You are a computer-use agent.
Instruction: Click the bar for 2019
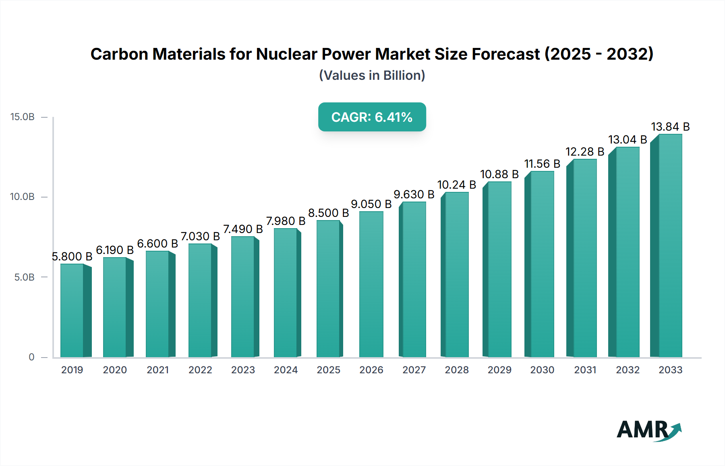pyautogui.click(x=72, y=310)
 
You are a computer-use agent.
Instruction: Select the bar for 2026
pyautogui.click(x=371, y=284)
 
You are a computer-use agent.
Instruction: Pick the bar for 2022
pyautogui.click(x=200, y=300)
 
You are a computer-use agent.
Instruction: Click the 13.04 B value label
pyautogui.click(x=628, y=139)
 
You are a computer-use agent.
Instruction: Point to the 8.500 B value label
pyautogui.click(x=328, y=213)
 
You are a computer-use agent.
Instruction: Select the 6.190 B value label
pyautogui.click(x=115, y=250)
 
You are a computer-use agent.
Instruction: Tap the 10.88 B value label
pyautogui.click(x=499, y=174)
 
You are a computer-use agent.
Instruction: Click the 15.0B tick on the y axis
pyautogui.click(x=23, y=117)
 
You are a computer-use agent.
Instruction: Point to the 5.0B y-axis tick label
pyautogui.click(x=25, y=277)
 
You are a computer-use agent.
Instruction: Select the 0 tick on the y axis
pyautogui.click(x=31, y=357)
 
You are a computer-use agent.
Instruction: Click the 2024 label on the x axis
pyautogui.click(x=286, y=370)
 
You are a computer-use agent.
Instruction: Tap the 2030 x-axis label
pyautogui.click(x=542, y=370)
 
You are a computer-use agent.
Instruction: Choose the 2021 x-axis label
pyautogui.click(x=157, y=370)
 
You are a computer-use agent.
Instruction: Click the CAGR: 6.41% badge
pyautogui.click(x=372, y=117)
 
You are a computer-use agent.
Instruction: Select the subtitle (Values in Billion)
pyautogui.click(x=372, y=75)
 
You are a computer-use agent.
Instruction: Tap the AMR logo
pyautogui.click(x=648, y=430)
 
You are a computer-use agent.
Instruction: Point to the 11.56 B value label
pyautogui.click(x=542, y=164)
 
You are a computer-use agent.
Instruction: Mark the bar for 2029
pyautogui.click(x=499, y=269)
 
